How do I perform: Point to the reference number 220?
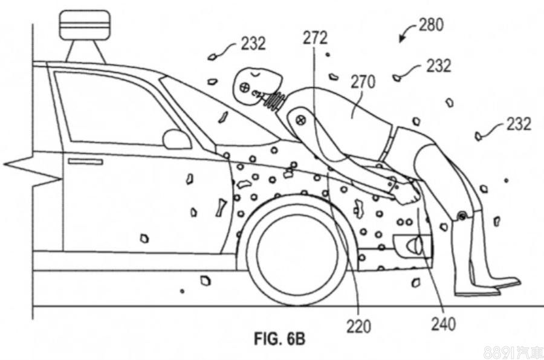pyautogui.click(x=358, y=327)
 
